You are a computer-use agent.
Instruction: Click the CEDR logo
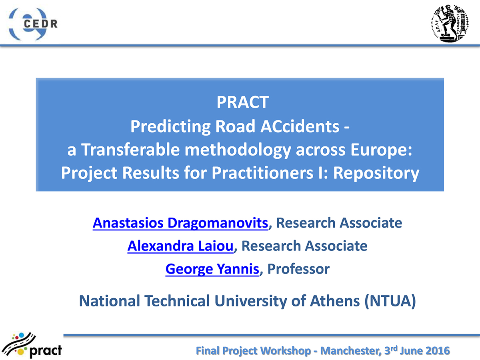coord(33,24)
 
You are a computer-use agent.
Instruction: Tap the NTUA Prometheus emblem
coord(450,23)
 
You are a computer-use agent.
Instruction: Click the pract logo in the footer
coord(31,345)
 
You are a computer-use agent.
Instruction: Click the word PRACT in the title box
coord(242,102)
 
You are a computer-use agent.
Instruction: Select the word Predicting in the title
coord(170,127)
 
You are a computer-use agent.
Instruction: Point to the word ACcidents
coord(300,126)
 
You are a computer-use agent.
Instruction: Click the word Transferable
coord(130,150)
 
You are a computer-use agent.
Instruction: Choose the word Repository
coord(376,174)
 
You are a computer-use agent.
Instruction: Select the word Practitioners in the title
coord(262,173)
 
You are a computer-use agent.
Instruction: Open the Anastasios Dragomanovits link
coord(180,223)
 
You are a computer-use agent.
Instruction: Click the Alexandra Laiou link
coord(180,246)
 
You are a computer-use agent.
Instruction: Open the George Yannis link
coord(212,269)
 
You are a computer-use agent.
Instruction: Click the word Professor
coord(298,269)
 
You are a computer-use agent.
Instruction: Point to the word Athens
coord(334,301)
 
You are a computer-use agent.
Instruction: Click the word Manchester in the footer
coord(350,351)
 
